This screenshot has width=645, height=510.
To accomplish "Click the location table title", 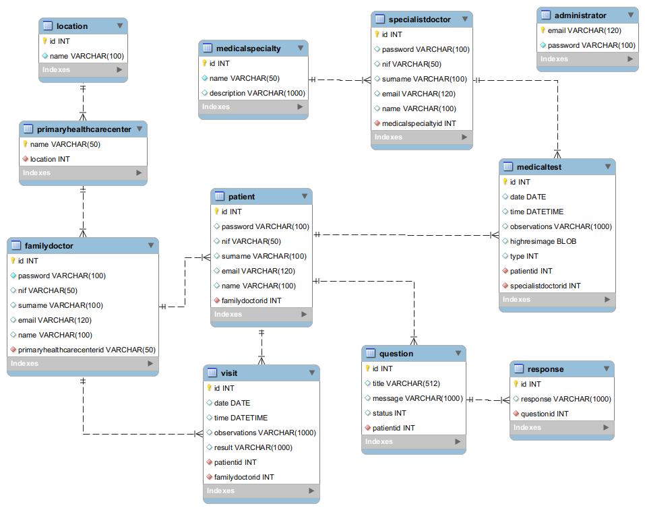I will (72, 26).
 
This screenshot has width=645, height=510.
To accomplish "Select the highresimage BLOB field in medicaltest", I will (543, 241).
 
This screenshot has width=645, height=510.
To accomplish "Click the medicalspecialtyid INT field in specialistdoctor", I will (419, 123).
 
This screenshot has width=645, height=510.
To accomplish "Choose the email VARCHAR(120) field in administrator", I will (584, 30).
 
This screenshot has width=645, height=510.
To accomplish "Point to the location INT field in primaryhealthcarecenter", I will (50, 159).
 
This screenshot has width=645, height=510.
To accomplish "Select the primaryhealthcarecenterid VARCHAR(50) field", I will (87, 350).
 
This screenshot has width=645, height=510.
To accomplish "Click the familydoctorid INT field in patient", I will (251, 300).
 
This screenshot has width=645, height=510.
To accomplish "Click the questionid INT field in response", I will (545, 414).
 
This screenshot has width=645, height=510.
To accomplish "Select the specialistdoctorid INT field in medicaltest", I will (545, 286).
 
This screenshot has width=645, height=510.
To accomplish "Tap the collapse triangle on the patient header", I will (304, 196).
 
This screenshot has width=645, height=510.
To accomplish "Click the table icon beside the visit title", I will (212, 373).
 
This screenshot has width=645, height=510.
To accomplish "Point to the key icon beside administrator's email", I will (543, 30).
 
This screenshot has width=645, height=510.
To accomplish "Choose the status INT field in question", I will (389, 413).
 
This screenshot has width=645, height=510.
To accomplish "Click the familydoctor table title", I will (49, 246).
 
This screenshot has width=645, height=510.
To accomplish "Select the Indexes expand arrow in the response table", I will (606, 428).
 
